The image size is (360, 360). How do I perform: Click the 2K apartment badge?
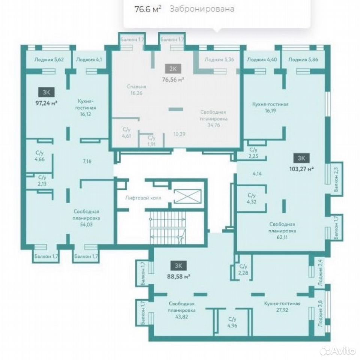coord(173,69)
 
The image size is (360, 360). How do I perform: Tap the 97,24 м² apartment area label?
coord(46,103)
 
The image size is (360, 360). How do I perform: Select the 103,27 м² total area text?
coord(301,169)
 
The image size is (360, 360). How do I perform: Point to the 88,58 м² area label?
coord(179,276)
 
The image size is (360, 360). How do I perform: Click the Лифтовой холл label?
coord(143,198)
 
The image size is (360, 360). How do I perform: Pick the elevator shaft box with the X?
coord(188,196)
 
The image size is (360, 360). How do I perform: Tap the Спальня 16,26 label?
coord(137,90)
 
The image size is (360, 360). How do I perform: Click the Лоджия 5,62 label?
coord(49,60)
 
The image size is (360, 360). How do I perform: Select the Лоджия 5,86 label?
coord(303,60)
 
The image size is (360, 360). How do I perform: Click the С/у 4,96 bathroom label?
coord(232,322)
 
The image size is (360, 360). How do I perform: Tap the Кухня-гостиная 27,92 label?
coord(282,307)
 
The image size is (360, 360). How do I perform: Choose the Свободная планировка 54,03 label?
coord(86,218)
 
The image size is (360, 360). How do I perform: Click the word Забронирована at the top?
coord(202,9)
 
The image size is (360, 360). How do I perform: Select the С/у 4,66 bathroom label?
coord(40,156)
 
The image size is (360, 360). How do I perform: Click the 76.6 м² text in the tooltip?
coord(148,9)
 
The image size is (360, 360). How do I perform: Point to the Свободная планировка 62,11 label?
coord(282,231)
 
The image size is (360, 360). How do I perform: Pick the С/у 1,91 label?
coord(152,141)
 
